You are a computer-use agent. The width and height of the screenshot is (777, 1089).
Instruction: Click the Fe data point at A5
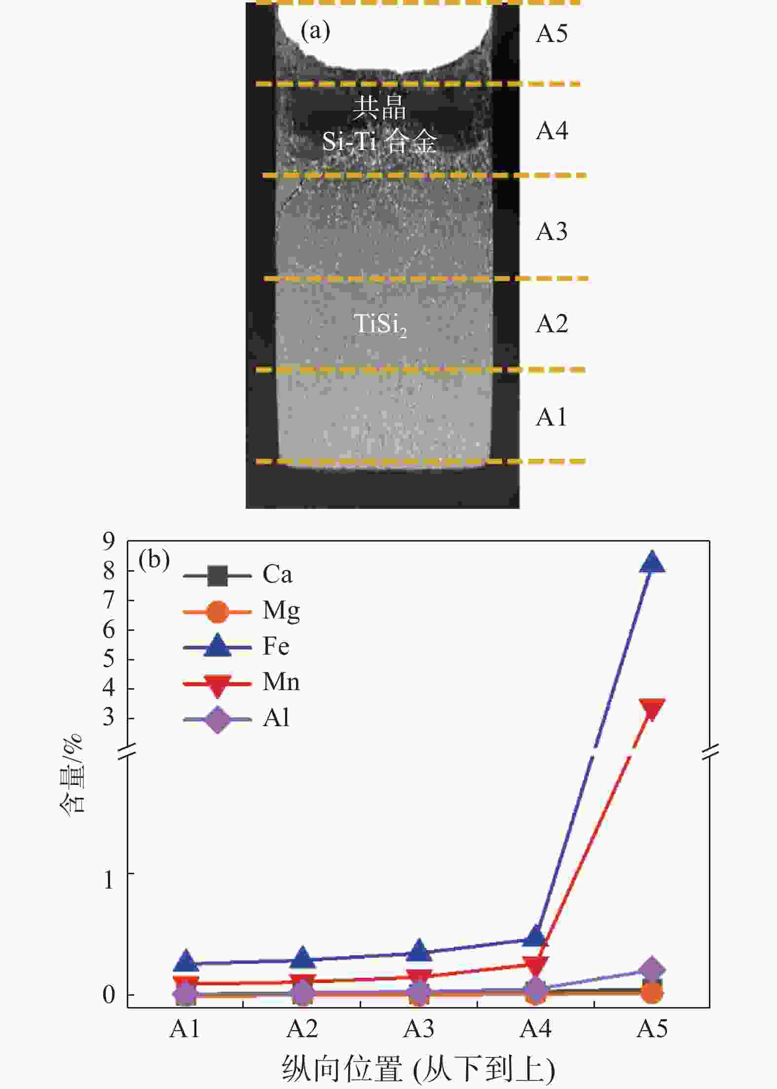click(x=652, y=562)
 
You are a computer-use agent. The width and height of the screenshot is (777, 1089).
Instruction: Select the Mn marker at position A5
click(x=652, y=709)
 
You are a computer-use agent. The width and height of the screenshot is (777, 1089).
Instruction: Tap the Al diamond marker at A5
click(x=652, y=969)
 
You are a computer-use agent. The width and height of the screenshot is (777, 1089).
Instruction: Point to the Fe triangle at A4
click(x=536, y=936)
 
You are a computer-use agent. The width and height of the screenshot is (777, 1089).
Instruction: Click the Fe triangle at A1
click(x=185, y=960)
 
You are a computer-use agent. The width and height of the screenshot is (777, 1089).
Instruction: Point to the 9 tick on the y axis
click(x=109, y=541)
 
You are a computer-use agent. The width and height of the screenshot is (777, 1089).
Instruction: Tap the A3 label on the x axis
click(x=418, y=1029)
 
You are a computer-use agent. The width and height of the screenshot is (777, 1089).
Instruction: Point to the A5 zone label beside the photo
click(x=552, y=34)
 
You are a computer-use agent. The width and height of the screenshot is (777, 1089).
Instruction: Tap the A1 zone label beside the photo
click(x=552, y=418)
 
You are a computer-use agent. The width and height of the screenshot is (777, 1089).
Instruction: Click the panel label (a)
click(x=315, y=32)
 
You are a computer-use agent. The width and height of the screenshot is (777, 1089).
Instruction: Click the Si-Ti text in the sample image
click(x=349, y=141)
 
